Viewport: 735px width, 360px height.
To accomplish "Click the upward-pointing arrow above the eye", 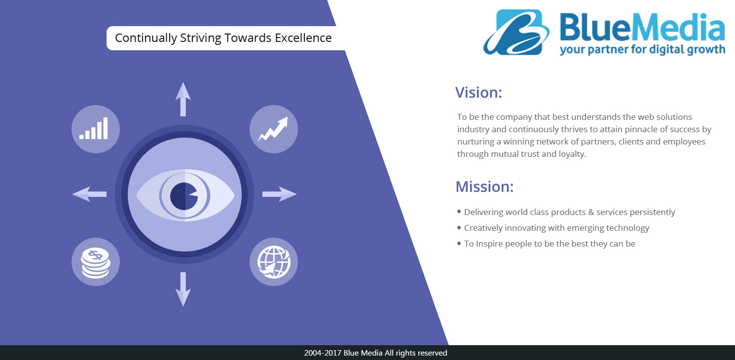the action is (x=183, y=99).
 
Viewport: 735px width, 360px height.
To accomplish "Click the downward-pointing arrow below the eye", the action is (x=183, y=289).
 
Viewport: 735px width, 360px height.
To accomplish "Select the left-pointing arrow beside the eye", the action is (x=89, y=194).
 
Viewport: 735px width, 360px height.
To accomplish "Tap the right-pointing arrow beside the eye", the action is (x=279, y=194).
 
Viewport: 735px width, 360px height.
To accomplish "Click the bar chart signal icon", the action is (x=94, y=128).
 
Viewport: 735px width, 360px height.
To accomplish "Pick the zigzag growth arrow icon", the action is (x=273, y=129).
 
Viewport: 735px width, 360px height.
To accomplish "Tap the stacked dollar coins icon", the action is (x=96, y=263).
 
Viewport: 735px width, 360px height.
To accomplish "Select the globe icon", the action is (x=274, y=262).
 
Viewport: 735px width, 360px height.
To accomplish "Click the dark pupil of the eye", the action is (x=184, y=196).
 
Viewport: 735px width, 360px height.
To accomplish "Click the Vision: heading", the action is (x=478, y=93).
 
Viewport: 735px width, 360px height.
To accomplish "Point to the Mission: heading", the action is (x=484, y=186).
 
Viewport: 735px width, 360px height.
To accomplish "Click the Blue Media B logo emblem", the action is (x=516, y=32).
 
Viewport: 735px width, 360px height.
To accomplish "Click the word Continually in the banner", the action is (x=146, y=38).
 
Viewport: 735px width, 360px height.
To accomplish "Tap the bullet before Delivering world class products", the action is (x=459, y=212).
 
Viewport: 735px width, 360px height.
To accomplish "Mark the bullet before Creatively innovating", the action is (x=459, y=227).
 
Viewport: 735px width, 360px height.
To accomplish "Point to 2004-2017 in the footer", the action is (x=323, y=353).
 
